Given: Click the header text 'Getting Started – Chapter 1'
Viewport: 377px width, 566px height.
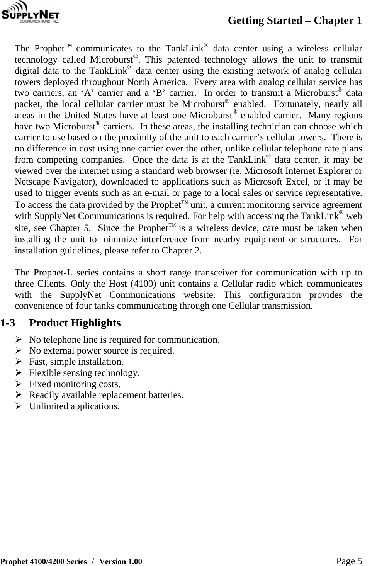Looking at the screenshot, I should click(x=295, y=20).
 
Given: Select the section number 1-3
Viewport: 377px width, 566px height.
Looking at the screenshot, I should click(x=8, y=323).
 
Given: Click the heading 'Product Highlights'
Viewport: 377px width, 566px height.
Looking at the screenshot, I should click(x=75, y=323).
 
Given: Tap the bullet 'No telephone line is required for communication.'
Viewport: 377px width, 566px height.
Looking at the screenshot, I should click(x=124, y=340).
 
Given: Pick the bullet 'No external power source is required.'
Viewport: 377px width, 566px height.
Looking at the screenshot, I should click(x=102, y=351).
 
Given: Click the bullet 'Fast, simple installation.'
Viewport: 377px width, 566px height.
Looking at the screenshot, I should click(x=76, y=362).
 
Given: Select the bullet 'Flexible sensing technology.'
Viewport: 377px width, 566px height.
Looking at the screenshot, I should click(x=84, y=373).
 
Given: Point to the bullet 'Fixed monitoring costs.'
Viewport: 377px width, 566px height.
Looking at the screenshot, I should click(x=75, y=384).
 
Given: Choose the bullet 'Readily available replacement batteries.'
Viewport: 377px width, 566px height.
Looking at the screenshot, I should click(x=106, y=395).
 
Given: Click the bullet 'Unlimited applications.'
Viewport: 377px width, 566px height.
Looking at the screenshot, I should click(x=74, y=406).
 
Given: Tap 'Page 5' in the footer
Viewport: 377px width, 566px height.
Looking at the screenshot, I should click(x=349, y=561).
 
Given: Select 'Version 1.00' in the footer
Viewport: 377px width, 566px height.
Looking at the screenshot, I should click(x=121, y=561).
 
